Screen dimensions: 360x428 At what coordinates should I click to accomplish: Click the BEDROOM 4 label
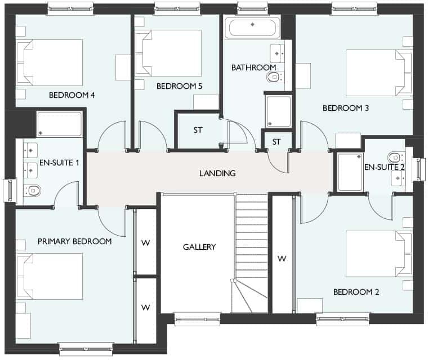click(72, 95)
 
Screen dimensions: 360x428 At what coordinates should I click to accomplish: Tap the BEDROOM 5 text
click(179, 86)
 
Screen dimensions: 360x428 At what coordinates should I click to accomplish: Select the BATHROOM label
click(253, 67)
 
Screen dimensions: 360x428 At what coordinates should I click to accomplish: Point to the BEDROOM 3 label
click(345, 107)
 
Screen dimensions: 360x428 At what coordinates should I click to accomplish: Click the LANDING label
click(217, 173)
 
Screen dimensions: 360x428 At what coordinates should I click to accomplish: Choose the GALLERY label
click(199, 247)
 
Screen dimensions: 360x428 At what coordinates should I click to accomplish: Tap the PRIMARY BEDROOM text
click(74, 241)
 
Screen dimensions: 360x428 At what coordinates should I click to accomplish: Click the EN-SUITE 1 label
click(59, 163)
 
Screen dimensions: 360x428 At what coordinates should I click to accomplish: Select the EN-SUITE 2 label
click(385, 167)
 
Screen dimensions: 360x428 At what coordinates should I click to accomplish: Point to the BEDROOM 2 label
click(356, 292)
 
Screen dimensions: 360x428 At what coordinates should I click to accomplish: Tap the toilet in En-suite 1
click(33, 190)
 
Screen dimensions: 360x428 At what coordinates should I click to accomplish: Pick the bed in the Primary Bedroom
click(50, 276)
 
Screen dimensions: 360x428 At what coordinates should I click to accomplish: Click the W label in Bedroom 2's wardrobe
click(282, 259)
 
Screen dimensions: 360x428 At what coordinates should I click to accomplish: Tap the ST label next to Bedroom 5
click(198, 130)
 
